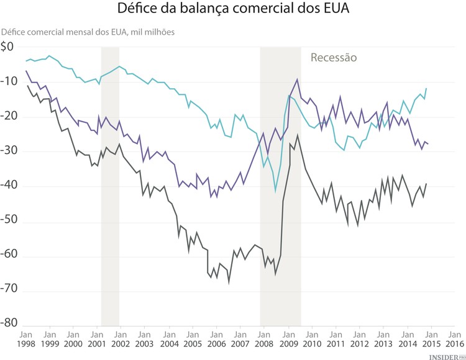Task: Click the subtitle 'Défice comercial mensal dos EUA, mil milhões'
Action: (x=88, y=31)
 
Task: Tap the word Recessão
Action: (x=334, y=58)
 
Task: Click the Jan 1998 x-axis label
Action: (x=25, y=339)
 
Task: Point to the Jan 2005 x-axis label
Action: (x=193, y=339)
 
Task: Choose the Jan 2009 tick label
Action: (x=288, y=339)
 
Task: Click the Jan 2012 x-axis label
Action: (x=359, y=339)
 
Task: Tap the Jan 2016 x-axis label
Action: (x=454, y=339)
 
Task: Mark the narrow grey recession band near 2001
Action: (x=110, y=186)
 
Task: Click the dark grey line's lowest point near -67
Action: (x=229, y=283)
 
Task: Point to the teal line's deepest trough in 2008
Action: (x=275, y=192)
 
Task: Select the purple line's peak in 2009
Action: (x=297, y=79)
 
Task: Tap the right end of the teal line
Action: (x=426, y=88)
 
